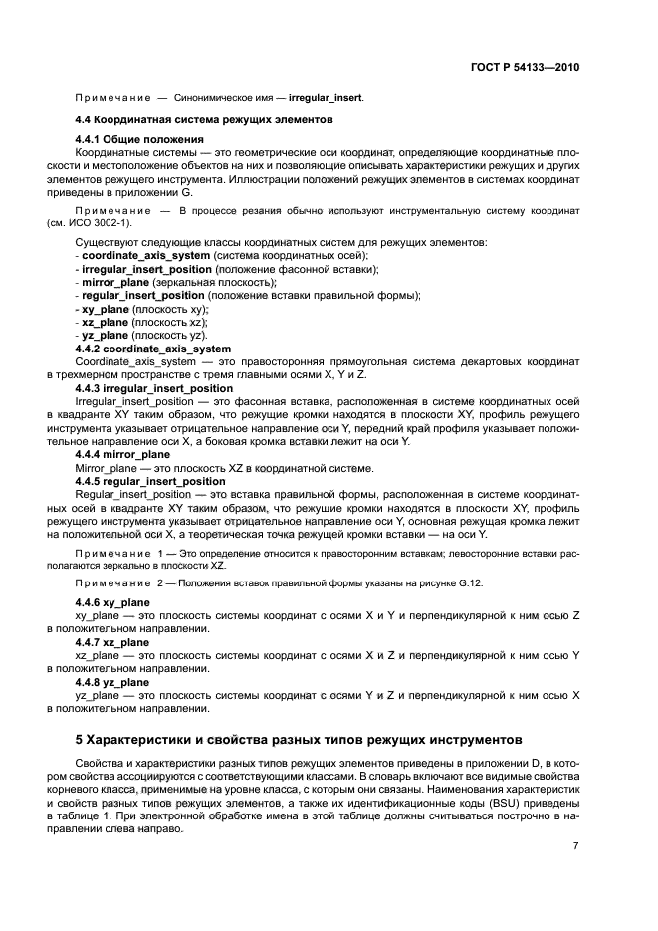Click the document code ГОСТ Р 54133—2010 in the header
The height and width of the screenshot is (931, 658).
pos(524,68)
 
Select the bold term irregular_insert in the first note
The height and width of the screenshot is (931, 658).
pos(326,98)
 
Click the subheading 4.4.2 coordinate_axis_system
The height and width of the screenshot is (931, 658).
pos(153,349)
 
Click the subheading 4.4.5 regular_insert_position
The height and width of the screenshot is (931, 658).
pos(150,480)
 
